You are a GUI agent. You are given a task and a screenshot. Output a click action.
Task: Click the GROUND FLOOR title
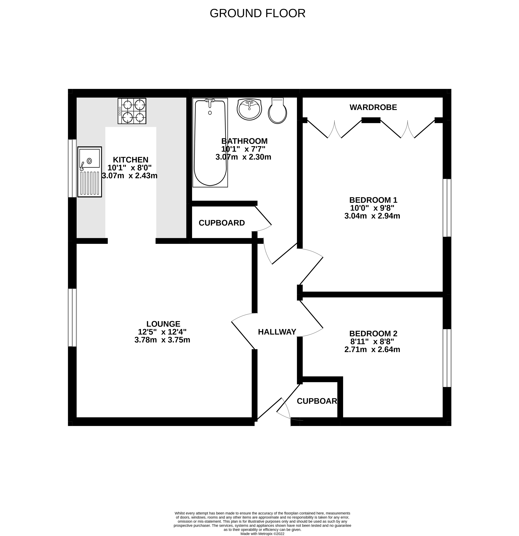[x=258, y=13]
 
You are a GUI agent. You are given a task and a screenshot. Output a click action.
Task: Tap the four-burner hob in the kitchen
[x=132, y=111]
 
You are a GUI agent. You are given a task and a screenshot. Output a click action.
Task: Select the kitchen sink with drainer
[x=90, y=172]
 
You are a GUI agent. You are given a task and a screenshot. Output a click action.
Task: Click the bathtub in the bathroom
[x=210, y=143]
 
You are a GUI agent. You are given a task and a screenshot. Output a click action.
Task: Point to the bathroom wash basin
[x=249, y=109]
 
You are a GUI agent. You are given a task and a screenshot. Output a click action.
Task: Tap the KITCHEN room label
[x=131, y=160]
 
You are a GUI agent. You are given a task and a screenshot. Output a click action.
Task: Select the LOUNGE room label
[x=163, y=324]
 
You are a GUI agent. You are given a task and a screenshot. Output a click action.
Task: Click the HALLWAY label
[x=277, y=332]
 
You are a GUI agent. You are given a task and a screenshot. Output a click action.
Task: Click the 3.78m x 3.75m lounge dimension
[x=162, y=340]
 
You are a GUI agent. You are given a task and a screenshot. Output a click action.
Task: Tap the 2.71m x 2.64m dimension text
[x=372, y=350]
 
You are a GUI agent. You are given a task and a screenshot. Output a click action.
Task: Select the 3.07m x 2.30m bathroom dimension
[x=243, y=157]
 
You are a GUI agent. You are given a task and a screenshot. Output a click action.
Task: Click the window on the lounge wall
[x=72, y=317]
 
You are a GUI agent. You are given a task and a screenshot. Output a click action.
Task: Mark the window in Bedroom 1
[x=447, y=208]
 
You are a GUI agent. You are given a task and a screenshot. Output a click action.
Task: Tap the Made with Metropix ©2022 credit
[x=263, y=533]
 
